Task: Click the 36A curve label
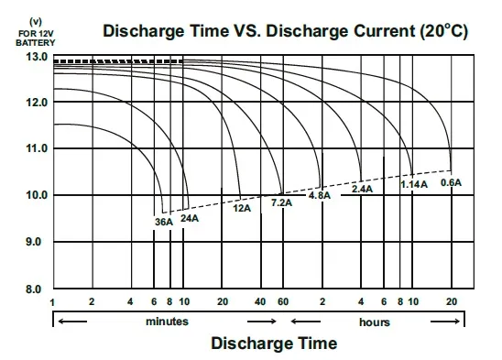tap(164, 222)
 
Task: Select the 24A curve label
tap(190, 218)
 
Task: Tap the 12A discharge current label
tap(242, 208)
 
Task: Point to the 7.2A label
tap(282, 202)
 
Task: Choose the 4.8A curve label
tap(320, 195)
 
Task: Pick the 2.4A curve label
tap(363, 189)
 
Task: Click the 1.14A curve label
tap(414, 184)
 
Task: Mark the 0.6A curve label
tap(451, 182)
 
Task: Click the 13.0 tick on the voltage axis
tap(37, 57)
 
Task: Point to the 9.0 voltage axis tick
tap(34, 242)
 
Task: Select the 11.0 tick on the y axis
tap(37, 148)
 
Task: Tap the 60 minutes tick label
tap(283, 301)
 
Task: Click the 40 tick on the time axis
tap(260, 301)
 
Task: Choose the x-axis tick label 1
tap(52, 302)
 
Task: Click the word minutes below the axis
tap(167, 322)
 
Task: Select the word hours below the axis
tap(375, 322)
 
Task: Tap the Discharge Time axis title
tap(274, 343)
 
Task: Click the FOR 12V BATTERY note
tap(36, 38)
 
